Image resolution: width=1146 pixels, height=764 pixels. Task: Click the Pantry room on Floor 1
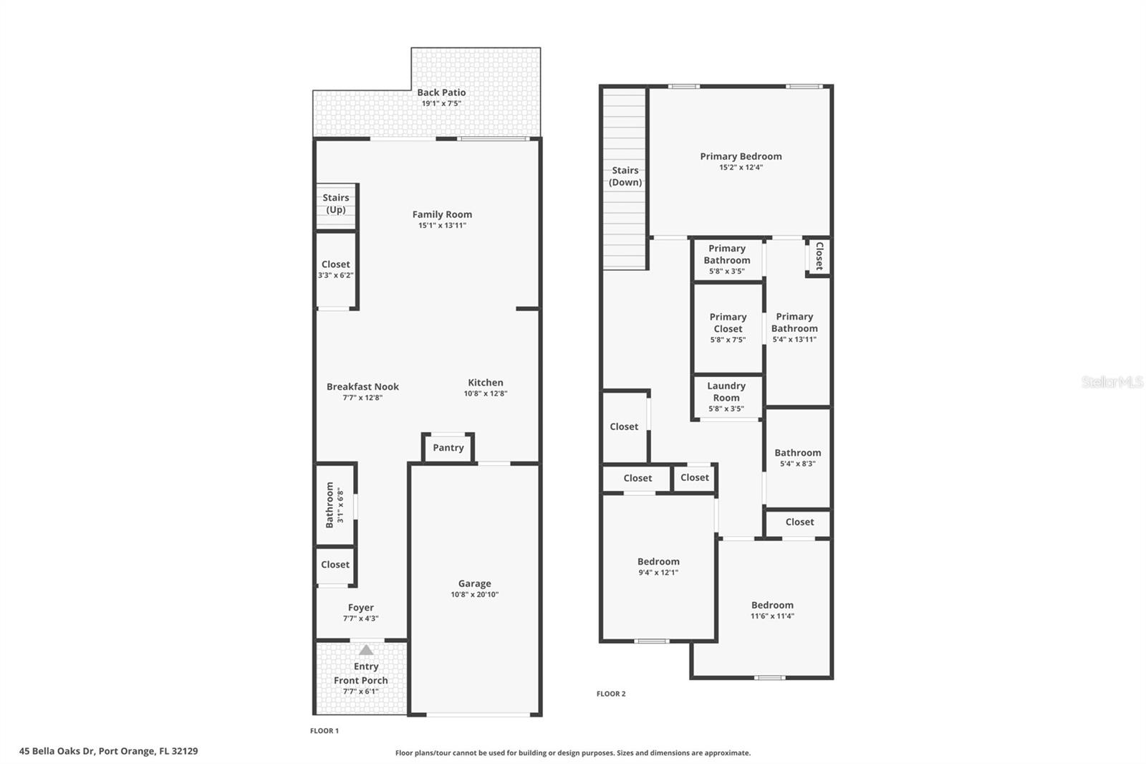point(448,448)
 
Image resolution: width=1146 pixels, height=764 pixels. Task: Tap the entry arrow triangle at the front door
point(366,650)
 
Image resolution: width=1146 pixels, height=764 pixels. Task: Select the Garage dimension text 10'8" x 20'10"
point(475,595)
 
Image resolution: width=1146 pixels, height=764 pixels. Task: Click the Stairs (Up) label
point(336,204)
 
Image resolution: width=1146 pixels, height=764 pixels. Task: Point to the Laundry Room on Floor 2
point(726,396)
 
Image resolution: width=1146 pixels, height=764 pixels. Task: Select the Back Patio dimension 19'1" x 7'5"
point(441,103)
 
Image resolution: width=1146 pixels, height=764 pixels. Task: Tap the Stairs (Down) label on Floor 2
point(625,176)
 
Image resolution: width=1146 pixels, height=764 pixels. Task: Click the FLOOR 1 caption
point(324,731)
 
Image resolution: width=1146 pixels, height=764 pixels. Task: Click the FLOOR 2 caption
point(611,694)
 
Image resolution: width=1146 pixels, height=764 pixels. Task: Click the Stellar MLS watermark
point(1112,382)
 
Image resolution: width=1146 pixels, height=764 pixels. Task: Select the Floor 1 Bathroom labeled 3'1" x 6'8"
point(334,505)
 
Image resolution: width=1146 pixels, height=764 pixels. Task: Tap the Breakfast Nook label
point(362,387)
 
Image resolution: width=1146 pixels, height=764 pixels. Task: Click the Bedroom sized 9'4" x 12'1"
point(658,566)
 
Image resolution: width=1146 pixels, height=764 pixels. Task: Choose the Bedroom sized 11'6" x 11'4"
point(772,610)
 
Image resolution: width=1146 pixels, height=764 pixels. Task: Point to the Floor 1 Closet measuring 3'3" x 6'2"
point(336,269)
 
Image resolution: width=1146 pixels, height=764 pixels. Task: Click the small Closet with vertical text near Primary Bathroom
point(819,256)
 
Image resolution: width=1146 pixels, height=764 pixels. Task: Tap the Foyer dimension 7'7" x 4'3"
point(361,619)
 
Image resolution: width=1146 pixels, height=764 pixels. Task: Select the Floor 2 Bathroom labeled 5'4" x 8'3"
point(797,457)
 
